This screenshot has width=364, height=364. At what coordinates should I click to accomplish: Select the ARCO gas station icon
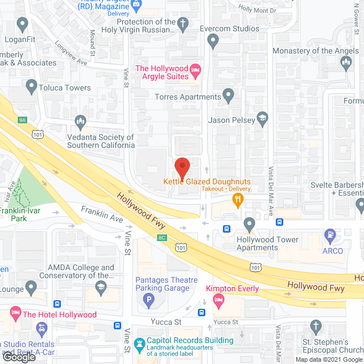click(x=329, y=234)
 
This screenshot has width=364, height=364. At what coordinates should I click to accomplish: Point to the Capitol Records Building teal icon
click(x=139, y=344)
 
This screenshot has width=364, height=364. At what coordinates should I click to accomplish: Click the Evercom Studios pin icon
click(x=213, y=40)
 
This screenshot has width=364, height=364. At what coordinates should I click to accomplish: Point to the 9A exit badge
click(x=23, y=120)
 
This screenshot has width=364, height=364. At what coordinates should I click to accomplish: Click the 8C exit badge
click(x=163, y=237)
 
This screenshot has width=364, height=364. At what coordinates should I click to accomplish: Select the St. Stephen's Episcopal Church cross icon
click(x=317, y=326)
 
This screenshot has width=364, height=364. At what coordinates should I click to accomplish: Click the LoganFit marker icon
click(x=23, y=24)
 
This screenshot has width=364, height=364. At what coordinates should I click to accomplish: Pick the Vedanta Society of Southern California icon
click(x=80, y=121)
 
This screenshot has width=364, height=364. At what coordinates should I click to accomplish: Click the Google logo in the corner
click(x=19, y=357)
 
